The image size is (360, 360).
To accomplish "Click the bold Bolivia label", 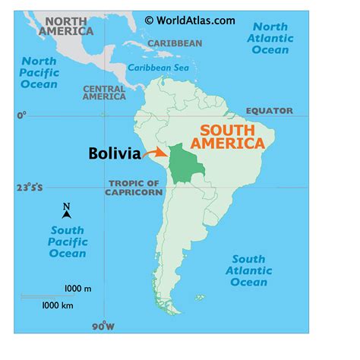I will point(114,154).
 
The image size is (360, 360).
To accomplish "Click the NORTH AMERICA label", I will point(68,26).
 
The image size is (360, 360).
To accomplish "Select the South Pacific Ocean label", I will point(68,242).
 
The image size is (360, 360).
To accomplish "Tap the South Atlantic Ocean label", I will point(248,271).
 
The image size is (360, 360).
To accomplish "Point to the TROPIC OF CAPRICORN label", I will point(135,188).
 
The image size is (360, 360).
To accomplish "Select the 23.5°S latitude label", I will point(27,187).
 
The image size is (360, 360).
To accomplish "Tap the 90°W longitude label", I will point(104,327).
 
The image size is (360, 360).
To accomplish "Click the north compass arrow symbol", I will point(67,212).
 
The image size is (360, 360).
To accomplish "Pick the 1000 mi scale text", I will point(77,289).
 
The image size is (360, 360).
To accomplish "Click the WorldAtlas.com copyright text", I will point(191,20).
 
